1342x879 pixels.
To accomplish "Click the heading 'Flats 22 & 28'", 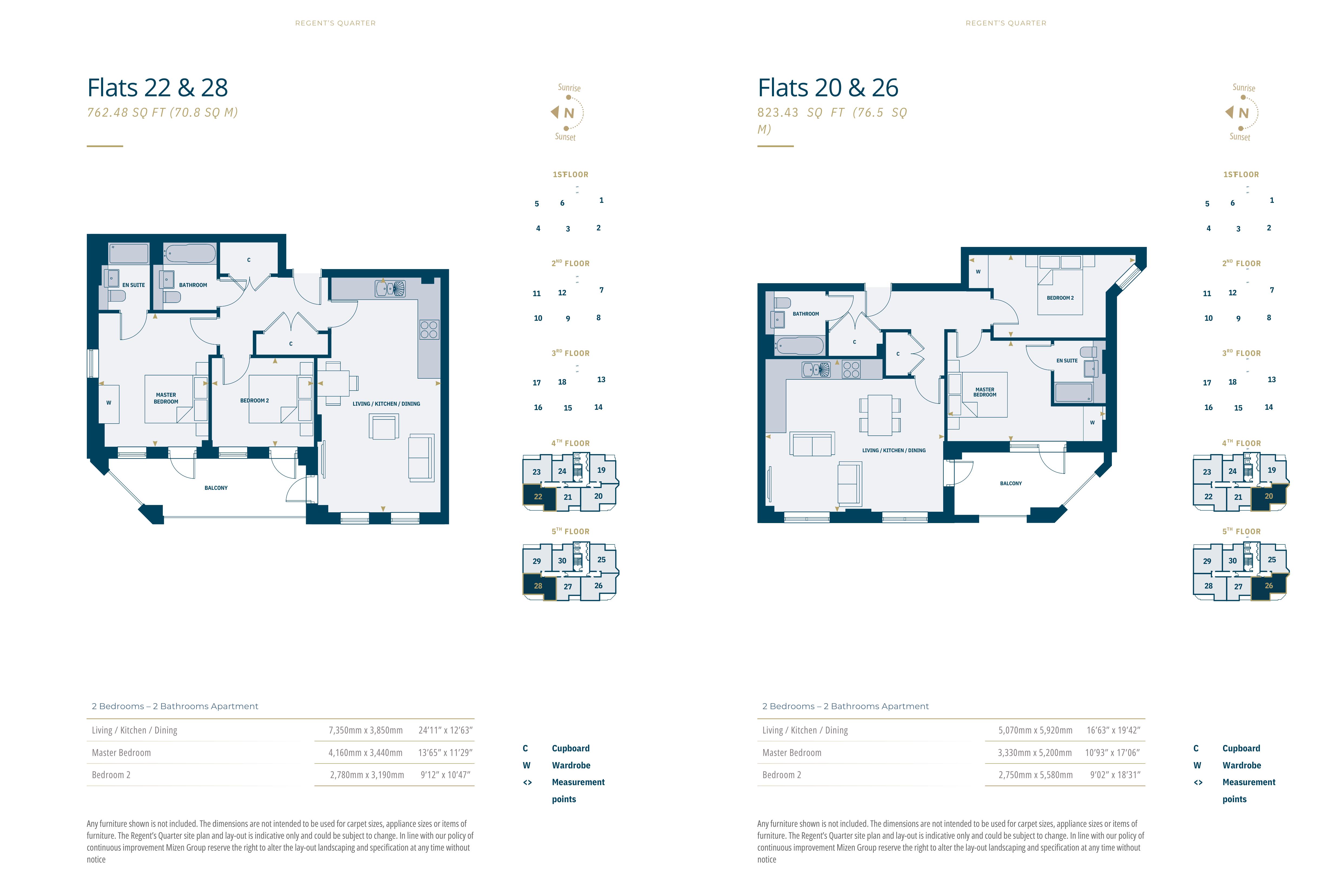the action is point(157,88).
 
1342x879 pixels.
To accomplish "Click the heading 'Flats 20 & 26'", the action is point(828,88).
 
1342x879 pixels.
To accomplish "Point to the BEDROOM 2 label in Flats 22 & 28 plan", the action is point(254,400).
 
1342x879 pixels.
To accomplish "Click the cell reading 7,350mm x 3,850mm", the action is point(365,730).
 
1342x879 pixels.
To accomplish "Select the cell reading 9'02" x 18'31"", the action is point(1115,775).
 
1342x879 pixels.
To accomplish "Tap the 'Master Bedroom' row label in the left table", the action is point(121,753).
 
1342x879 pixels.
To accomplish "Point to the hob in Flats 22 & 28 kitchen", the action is point(429,330).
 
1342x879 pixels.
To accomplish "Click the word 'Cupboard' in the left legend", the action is point(571,748).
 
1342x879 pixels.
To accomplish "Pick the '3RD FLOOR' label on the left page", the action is point(571,353).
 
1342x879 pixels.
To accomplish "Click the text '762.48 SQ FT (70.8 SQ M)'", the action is point(163,113).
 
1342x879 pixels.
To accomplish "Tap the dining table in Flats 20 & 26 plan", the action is point(880,415).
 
